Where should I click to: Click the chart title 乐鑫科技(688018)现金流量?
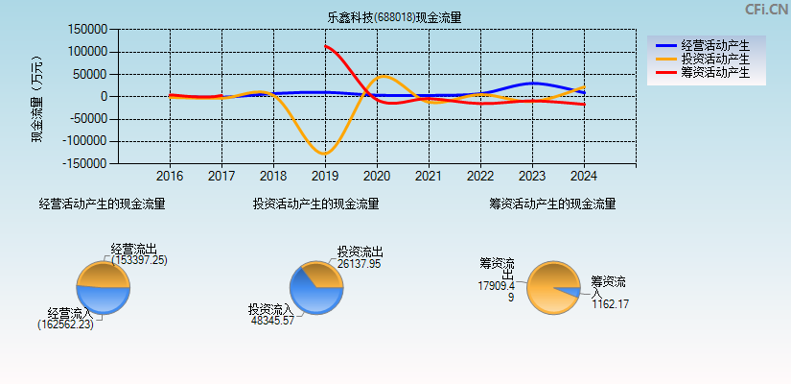click(394, 17)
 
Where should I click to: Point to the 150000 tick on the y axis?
click(87, 30)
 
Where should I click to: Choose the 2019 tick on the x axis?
click(325, 177)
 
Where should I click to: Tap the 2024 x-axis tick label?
click(584, 177)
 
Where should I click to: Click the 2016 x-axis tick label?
click(170, 177)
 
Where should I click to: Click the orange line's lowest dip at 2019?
click(324, 154)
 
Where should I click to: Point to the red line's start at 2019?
click(326, 46)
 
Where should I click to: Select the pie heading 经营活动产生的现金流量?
click(102, 204)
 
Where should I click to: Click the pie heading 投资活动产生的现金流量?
click(315, 204)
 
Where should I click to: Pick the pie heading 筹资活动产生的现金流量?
click(552, 204)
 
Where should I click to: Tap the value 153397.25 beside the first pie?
click(139, 260)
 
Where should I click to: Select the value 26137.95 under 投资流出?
click(359, 263)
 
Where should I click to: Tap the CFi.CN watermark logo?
click(766, 10)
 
